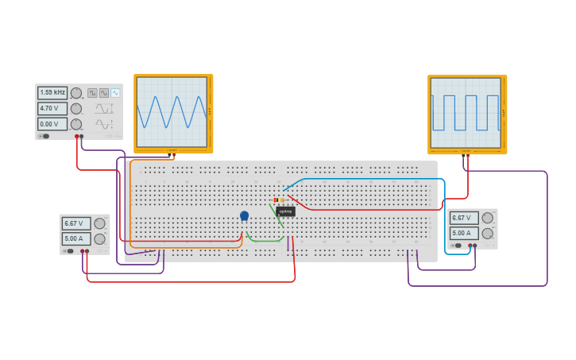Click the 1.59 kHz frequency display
[52, 93]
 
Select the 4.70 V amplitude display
[52, 108]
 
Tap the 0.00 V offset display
[52, 124]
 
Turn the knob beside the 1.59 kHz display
[76, 93]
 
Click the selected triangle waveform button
[115, 93]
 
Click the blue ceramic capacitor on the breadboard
[244, 215]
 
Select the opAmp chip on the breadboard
[286, 211]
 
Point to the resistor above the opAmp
[279, 199]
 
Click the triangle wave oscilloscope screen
[172, 112]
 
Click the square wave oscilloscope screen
[466, 112]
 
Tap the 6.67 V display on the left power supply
[76, 223]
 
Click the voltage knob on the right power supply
[487, 218]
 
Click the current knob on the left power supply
[99, 238]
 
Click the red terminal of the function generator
[76, 137]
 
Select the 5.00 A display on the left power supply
[76, 238]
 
